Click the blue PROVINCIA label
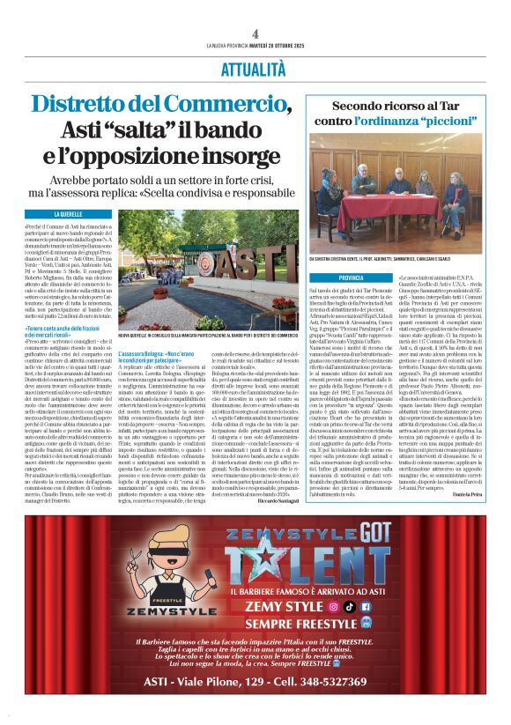[326, 277]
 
